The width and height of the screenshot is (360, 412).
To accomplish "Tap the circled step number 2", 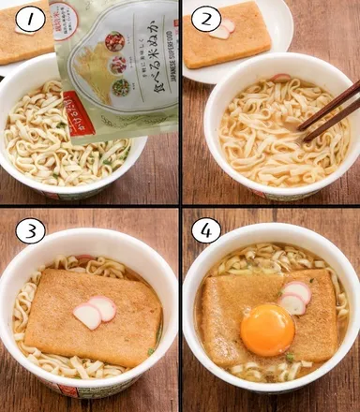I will coord(207,19).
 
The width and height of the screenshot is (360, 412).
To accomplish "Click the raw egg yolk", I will coord(267,330).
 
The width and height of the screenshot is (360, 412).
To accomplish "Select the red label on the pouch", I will coord(77,110).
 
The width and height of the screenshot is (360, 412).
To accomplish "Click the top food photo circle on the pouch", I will coord(113,41).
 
